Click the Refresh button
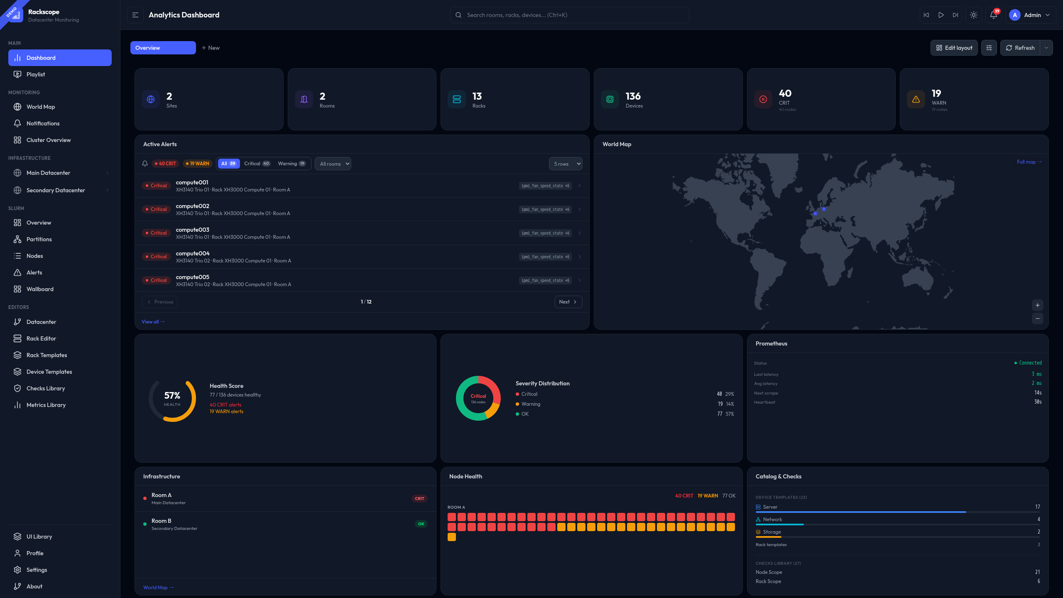click(x=1020, y=48)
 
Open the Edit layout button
click(x=954, y=48)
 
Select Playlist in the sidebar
click(x=36, y=74)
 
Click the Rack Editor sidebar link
click(x=41, y=338)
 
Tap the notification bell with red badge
click(x=994, y=15)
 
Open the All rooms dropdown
click(x=333, y=164)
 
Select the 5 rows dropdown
click(x=565, y=164)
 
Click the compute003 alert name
click(x=193, y=230)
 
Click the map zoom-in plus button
click(x=1037, y=305)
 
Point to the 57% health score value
click(x=172, y=396)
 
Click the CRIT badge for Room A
click(x=419, y=498)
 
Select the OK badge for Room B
click(x=421, y=524)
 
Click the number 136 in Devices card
click(x=633, y=96)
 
